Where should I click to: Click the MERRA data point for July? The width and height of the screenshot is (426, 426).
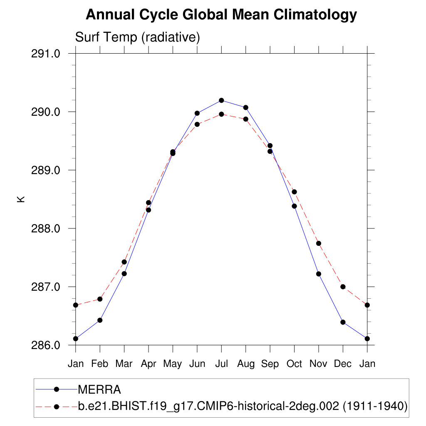[x=221, y=100]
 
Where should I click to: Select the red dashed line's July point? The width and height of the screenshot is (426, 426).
[x=221, y=114]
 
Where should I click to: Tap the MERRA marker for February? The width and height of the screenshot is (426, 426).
[x=100, y=320]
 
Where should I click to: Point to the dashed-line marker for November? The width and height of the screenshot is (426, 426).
[x=319, y=243]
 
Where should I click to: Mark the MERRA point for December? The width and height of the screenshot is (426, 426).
[x=343, y=322]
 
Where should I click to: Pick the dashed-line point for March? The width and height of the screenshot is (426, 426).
[x=124, y=262]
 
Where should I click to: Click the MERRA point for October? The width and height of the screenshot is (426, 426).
[x=294, y=206]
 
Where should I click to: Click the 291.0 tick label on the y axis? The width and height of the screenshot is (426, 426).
[x=46, y=54]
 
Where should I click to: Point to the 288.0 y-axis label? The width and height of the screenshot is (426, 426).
[x=46, y=229]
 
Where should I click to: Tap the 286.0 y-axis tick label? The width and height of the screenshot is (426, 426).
[x=46, y=345]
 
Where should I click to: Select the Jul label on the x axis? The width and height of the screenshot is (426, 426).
[x=221, y=364]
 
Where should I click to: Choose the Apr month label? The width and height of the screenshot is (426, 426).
[x=148, y=364]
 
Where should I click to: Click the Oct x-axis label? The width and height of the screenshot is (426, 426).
[x=294, y=364]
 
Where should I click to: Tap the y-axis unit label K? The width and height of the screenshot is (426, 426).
[x=21, y=199]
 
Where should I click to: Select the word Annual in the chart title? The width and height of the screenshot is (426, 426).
[x=110, y=15]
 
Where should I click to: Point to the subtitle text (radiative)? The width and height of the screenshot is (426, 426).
[x=171, y=37]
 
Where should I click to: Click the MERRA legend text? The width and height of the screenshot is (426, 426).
[x=99, y=390]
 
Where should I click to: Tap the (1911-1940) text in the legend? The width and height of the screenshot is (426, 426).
[x=374, y=406]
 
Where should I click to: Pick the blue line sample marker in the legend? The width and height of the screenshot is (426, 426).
[x=57, y=389]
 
